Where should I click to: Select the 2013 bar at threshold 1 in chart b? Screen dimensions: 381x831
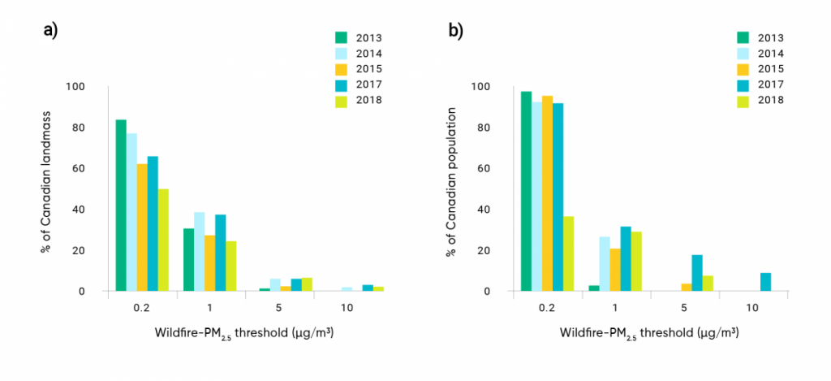click(594, 288)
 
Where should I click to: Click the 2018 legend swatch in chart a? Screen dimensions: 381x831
click(342, 101)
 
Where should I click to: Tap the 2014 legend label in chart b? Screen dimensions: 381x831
click(772, 53)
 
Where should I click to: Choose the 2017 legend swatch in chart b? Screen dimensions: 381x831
click(743, 84)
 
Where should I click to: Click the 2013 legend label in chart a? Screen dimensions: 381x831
click(369, 37)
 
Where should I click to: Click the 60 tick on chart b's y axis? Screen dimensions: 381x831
click(496, 169)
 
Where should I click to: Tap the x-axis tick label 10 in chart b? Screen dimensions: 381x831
click(751, 309)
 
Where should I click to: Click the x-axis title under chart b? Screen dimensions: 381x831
click(648, 334)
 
